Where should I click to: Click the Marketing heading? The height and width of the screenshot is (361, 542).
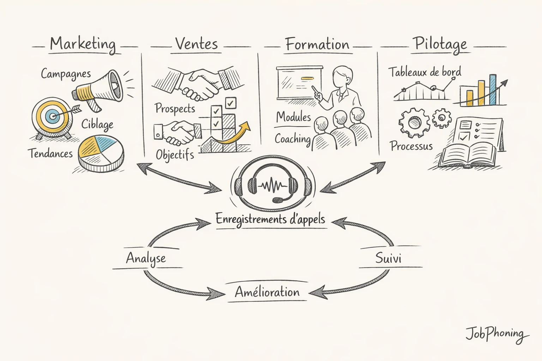[x=83, y=44]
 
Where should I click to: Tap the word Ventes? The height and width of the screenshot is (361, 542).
[x=197, y=44]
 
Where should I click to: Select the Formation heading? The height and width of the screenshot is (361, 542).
[x=317, y=45]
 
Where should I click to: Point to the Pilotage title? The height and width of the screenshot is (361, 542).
[x=440, y=44]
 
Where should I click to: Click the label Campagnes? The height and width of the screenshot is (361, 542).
[x=66, y=74]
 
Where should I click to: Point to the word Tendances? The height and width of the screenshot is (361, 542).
[x=50, y=153]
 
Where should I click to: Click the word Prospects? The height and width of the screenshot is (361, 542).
[x=175, y=108]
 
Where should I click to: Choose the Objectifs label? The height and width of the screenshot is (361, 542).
[x=175, y=155]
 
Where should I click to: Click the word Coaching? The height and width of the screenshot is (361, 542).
[x=293, y=139]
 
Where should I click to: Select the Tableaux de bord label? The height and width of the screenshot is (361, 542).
[x=425, y=72]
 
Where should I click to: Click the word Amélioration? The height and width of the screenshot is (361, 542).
[x=267, y=292]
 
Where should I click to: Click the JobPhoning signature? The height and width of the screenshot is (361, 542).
[x=496, y=334]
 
